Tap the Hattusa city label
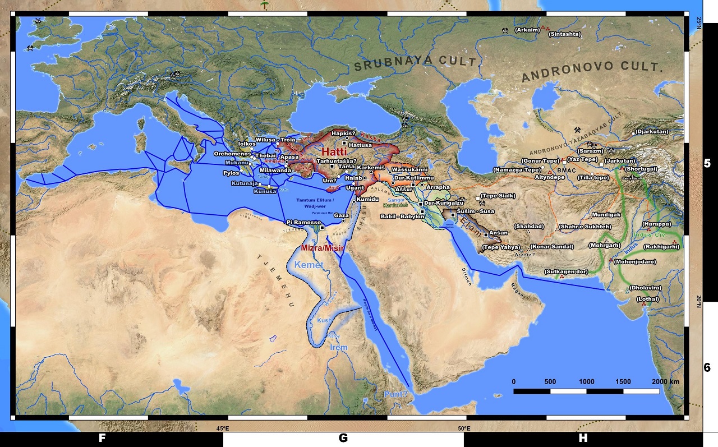(x=361, y=145)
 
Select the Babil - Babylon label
(x=403, y=216)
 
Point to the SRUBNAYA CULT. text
(x=415, y=65)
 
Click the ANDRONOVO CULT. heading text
(x=592, y=72)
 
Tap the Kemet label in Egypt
(x=309, y=265)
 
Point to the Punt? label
(x=396, y=394)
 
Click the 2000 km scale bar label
(x=666, y=381)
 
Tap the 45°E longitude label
(x=223, y=429)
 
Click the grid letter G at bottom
(x=343, y=439)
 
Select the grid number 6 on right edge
(x=707, y=368)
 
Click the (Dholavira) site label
(x=645, y=288)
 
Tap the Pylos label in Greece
(x=231, y=173)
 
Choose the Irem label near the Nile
(x=338, y=348)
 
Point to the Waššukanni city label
(x=409, y=169)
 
